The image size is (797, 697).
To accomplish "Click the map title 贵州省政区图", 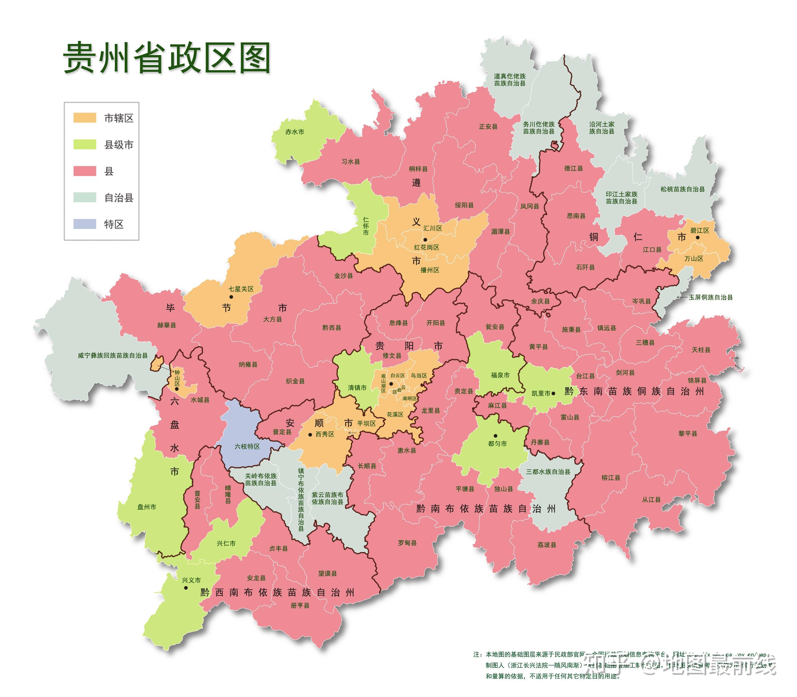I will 167,58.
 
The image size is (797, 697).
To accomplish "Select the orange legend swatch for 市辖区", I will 85,118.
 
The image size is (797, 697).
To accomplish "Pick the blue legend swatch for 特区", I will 85,224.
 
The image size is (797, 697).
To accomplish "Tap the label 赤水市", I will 295,132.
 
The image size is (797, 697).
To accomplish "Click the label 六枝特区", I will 247,446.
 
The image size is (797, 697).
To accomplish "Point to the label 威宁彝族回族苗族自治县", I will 113,355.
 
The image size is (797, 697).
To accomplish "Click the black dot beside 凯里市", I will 554,393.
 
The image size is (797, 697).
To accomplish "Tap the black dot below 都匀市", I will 495,436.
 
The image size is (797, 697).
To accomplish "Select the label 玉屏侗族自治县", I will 711,297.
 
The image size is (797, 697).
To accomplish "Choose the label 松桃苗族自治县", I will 683,189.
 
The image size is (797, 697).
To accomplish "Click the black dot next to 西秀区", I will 310,434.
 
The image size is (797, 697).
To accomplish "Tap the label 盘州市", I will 147,507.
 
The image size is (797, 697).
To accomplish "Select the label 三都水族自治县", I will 548,471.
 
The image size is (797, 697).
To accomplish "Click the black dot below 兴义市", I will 186,588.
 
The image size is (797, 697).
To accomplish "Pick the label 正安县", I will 488,126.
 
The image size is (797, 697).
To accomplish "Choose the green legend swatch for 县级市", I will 85,145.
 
